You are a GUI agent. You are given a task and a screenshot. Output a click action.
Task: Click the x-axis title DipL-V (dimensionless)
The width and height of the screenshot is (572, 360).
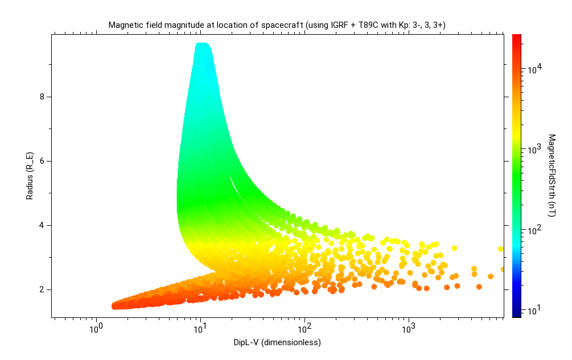[277, 342]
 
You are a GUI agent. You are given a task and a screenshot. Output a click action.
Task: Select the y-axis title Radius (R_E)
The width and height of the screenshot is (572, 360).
[29, 176]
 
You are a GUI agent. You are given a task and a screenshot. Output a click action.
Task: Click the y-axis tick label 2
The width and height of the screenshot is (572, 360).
[42, 289]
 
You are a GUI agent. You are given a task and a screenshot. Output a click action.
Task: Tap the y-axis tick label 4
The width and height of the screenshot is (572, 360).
[42, 225]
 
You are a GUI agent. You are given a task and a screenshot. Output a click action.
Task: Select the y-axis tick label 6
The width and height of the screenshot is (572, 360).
[42, 161]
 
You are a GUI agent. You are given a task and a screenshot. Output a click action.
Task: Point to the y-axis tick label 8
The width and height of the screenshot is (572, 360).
[42, 97]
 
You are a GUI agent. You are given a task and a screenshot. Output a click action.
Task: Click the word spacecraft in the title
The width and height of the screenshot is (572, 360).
[285, 25]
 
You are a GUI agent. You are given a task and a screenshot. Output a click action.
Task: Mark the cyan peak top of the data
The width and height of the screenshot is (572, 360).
[202, 45]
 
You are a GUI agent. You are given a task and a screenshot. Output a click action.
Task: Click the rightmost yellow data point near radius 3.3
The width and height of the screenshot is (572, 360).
[501, 249]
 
